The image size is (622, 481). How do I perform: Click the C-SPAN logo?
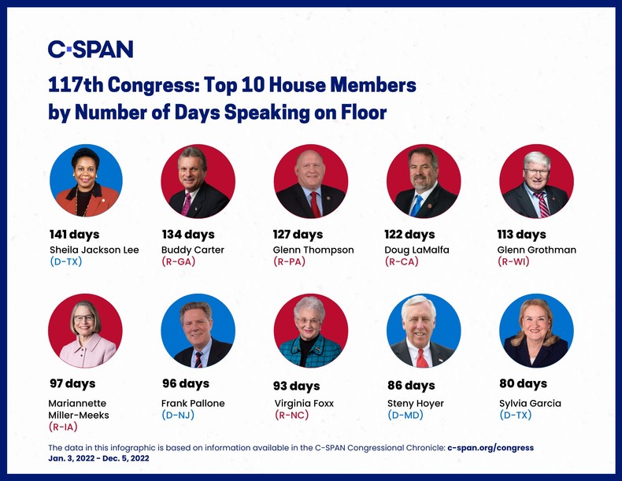91,49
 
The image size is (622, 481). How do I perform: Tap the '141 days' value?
75,235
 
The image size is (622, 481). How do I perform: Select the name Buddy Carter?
193,250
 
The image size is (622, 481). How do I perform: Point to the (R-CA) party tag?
402,262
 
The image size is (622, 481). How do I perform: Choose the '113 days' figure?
521,235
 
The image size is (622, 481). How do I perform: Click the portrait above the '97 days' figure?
85,331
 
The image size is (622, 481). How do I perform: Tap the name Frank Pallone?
193,403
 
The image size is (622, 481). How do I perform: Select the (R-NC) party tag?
291,415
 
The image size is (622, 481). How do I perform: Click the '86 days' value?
411,385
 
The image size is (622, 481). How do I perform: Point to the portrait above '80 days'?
536,331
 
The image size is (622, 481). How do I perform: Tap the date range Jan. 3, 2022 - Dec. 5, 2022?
98,457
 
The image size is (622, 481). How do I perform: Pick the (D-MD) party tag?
405,415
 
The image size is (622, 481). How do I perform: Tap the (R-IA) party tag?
65,427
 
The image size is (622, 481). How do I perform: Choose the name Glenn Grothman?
538,250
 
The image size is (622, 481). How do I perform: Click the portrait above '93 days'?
310,331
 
